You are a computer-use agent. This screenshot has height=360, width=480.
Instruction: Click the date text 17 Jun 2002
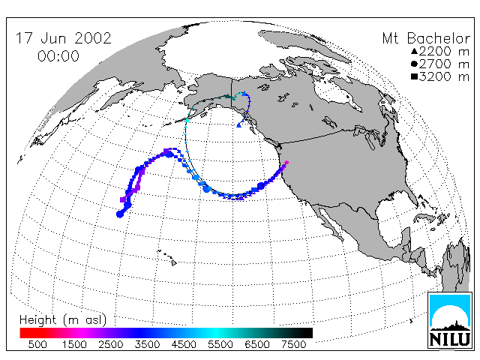[63, 38]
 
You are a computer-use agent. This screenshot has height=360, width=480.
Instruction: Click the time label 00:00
[58, 56]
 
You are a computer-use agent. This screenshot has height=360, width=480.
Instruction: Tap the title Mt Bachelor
[426, 38]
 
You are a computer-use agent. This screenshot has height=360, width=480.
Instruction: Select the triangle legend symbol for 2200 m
[414, 51]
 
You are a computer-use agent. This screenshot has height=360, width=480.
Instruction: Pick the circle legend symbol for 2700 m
[414, 64]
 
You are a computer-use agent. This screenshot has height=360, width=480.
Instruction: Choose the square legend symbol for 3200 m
[414, 76]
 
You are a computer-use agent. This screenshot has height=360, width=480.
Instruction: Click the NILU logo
[450, 320]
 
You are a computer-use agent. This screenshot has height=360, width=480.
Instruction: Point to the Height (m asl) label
[63, 320]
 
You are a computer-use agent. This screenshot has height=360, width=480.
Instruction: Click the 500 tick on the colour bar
[37, 345]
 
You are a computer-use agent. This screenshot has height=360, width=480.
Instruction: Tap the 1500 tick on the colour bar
[74, 345]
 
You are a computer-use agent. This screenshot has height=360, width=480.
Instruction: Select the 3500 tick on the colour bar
[147, 345]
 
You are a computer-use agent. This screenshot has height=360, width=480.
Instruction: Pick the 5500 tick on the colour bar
[220, 345]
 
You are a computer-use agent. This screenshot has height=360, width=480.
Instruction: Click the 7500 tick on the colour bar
[293, 345]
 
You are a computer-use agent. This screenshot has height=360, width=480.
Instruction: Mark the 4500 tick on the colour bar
[184, 345]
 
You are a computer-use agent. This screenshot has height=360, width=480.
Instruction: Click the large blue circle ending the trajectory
[120, 214]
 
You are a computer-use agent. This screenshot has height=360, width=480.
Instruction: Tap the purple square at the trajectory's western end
[123, 199]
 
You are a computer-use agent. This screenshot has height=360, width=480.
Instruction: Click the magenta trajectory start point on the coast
[286, 163]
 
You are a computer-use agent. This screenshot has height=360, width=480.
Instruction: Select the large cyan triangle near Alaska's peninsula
[187, 120]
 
